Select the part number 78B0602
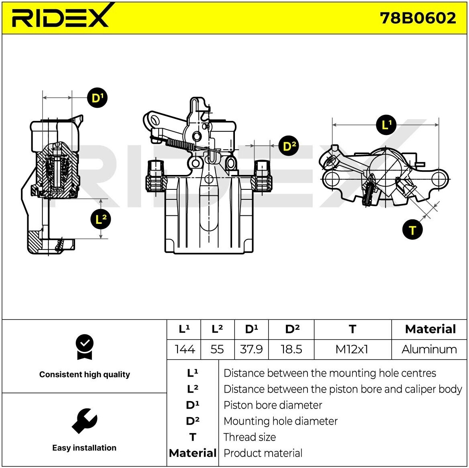[418, 18]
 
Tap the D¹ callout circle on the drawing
[97, 98]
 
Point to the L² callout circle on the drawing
[101, 219]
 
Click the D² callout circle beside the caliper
[289, 146]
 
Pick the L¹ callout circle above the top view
[386, 125]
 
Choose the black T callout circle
[412, 230]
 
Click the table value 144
[184, 349]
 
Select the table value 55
[217, 349]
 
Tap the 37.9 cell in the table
[251, 349]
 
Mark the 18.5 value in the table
[291, 349]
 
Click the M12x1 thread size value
[352, 349]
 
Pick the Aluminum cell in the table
[429, 349]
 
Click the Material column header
[431, 329]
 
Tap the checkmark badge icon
[85, 347]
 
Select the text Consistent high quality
[85, 374]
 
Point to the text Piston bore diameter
[273, 405]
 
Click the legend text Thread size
[250, 437]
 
